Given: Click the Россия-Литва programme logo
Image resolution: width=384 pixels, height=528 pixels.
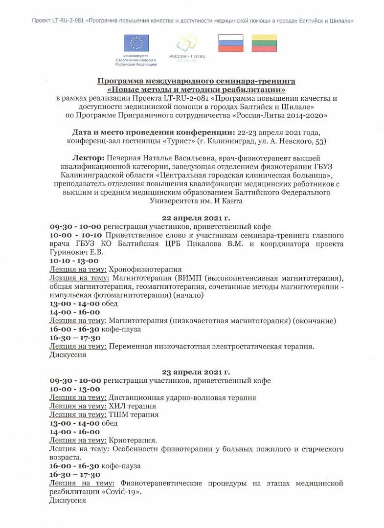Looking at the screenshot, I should (187, 46).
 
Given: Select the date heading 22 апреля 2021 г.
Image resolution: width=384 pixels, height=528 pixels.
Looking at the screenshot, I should (196, 218).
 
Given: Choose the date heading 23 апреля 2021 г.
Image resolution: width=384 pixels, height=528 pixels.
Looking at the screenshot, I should (196, 372).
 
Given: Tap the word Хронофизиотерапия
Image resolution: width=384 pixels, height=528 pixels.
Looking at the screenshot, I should (145, 269).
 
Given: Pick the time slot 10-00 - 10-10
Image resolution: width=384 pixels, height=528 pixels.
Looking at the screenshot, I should (75, 235).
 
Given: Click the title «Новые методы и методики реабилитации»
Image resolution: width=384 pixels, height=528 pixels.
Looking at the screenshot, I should (196, 90).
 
